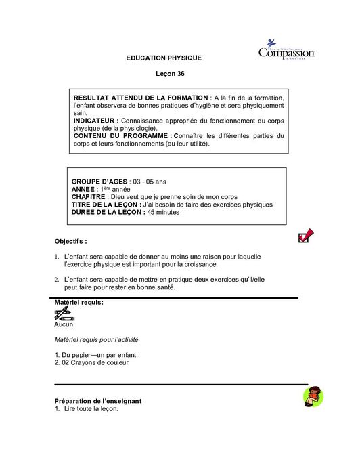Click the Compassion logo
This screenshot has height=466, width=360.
pos(287,53)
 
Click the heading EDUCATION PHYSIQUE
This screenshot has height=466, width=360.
pos(164,58)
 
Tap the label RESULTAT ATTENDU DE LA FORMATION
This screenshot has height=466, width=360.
pos(140,99)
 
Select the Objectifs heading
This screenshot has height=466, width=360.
pos(70,241)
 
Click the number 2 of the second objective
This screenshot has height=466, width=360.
pos(56,279)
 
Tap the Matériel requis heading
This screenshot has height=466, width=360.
pos(78,302)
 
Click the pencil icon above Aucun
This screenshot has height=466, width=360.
pos(63,314)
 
